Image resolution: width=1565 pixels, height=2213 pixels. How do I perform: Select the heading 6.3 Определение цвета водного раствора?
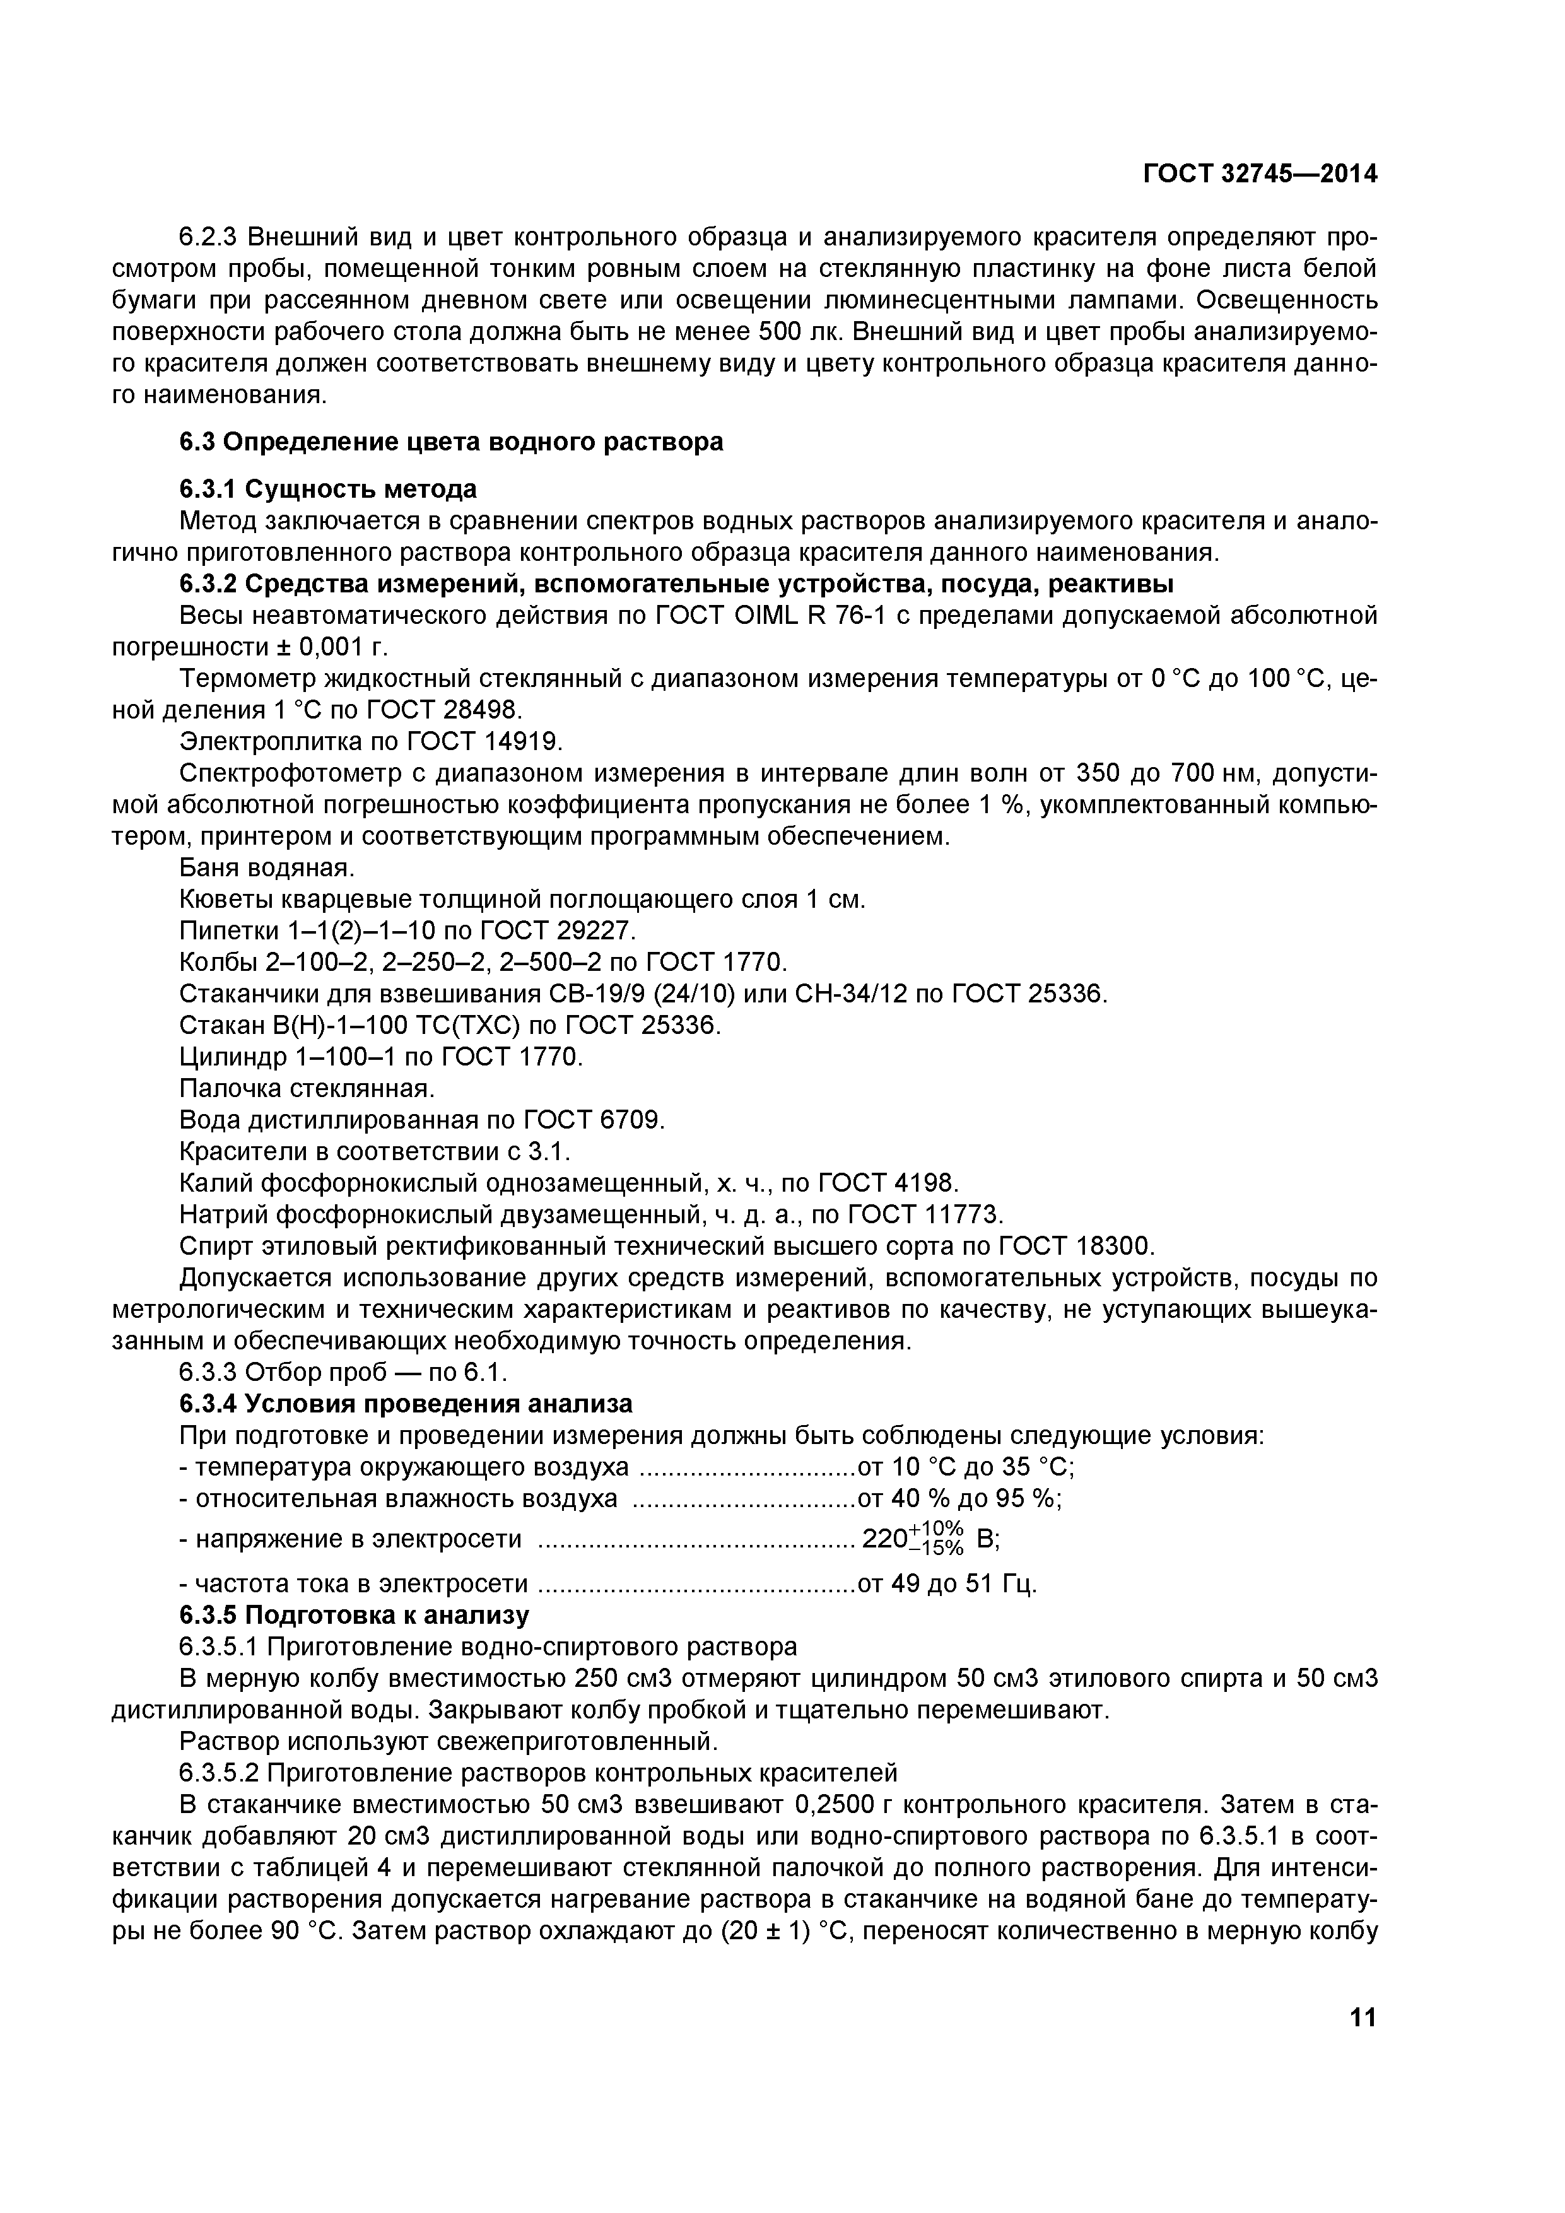point(451,442)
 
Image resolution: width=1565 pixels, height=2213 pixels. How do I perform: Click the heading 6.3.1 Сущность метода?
point(327,490)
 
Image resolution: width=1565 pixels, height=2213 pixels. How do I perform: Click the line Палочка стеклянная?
point(307,1089)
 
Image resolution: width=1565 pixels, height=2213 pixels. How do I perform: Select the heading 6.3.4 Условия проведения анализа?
point(406,1404)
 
